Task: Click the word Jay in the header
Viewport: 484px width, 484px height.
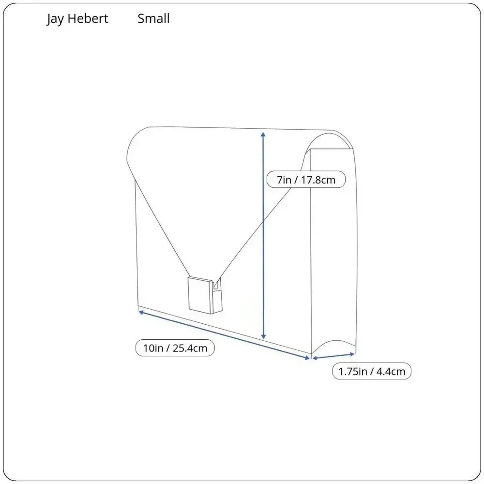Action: [x=55, y=19]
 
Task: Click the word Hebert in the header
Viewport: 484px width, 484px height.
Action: [x=88, y=18]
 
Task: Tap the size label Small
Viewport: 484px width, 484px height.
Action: [x=153, y=18]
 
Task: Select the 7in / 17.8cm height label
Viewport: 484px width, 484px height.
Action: [x=306, y=180]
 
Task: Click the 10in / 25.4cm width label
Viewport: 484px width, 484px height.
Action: [x=175, y=348]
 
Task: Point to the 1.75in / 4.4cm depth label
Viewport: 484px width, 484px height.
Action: [x=372, y=371]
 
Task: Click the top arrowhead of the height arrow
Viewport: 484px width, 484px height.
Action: [x=263, y=134]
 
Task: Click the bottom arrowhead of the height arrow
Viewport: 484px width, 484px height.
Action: [x=263, y=336]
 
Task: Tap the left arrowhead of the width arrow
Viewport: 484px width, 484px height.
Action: [x=141, y=312]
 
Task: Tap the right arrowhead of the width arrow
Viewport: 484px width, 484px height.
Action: [x=307, y=358]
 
